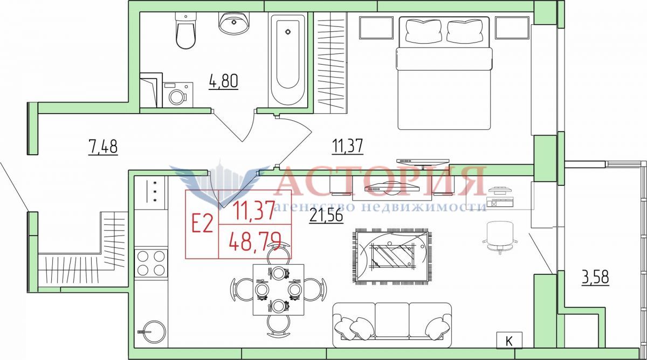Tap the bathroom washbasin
pyautogui.click(x=233, y=23)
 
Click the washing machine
pyautogui.click(x=177, y=95)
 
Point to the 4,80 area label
pyautogui.click(x=224, y=81)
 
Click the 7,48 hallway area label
pyautogui.click(x=103, y=147)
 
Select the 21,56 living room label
pyautogui.click(x=326, y=216)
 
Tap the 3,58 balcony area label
pyautogui.click(x=595, y=278)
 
